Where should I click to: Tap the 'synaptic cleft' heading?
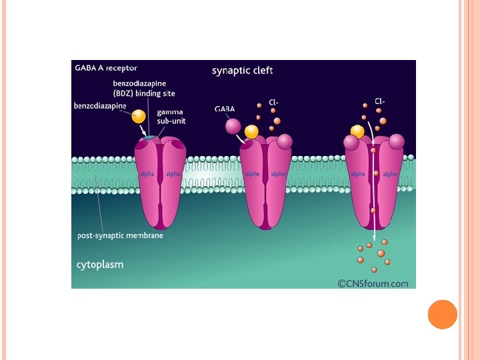pyautogui.click(x=242, y=70)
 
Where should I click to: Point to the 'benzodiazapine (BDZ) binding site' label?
pyautogui.click(x=144, y=88)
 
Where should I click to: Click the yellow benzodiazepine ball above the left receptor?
pyautogui.click(x=139, y=116)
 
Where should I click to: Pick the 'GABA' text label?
pyautogui.click(x=225, y=109)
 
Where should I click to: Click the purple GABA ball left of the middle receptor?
pyautogui.click(x=233, y=125)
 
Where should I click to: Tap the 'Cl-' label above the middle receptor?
pyautogui.click(x=273, y=101)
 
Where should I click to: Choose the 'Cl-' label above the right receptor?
pyautogui.click(x=379, y=101)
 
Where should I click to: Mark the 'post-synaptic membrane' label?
pyautogui.click(x=120, y=235)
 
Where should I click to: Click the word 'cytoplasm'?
pyautogui.click(x=100, y=265)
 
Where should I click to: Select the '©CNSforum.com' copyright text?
pyautogui.click(x=373, y=283)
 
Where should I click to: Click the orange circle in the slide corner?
pyautogui.click(x=442, y=315)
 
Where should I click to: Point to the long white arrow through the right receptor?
pyautogui.click(x=374, y=193)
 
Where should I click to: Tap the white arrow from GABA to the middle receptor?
pyautogui.click(x=241, y=139)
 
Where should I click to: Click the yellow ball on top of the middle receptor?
pyautogui.click(x=251, y=132)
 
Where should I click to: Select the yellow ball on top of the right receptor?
pyautogui.click(x=357, y=131)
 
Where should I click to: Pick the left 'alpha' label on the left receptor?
pyautogui.click(x=147, y=174)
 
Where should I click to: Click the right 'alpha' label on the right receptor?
pyautogui.click(x=390, y=174)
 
